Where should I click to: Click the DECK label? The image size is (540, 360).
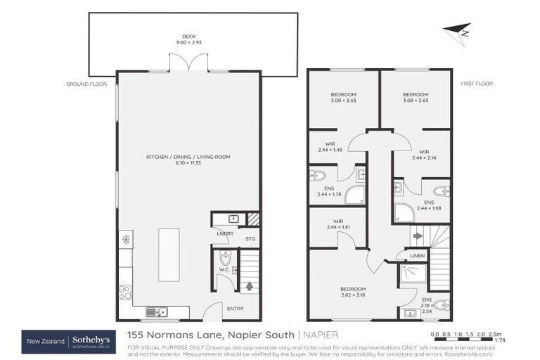pyautogui.click(x=188, y=37)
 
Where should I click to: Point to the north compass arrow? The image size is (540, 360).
pyautogui.click(x=456, y=32)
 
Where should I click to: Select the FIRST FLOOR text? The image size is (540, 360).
pyautogui.click(x=477, y=84)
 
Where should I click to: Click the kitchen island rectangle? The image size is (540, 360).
pyautogui.click(x=168, y=255)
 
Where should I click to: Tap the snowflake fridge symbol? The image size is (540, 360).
pyautogui.click(x=126, y=240)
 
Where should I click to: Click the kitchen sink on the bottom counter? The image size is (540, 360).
pyautogui.click(x=156, y=312)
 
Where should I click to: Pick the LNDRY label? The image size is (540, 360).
pyautogui.click(x=225, y=233)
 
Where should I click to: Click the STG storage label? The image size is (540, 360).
pyautogui.click(x=250, y=240)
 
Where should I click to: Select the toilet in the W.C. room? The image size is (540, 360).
pyautogui.click(x=225, y=257)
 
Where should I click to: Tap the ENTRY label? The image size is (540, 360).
pyautogui.click(x=236, y=307)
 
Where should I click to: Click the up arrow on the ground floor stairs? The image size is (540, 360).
pyautogui.click(x=250, y=286)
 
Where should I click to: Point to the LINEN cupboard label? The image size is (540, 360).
pyautogui.click(x=417, y=255)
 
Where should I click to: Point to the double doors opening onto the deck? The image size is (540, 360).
pyautogui.click(x=188, y=64)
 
